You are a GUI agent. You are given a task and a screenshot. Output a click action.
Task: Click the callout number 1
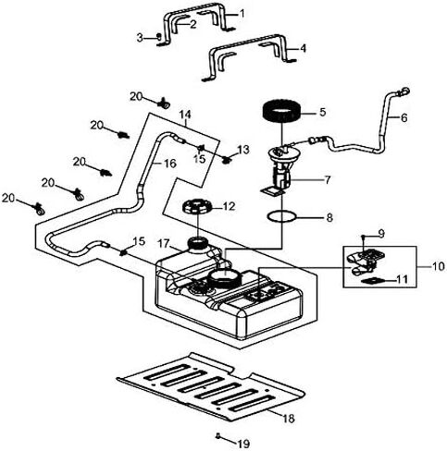click(242, 14)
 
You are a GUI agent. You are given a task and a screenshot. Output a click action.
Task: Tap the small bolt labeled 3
click(159, 37)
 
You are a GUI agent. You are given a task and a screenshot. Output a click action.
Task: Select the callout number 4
click(304, 48)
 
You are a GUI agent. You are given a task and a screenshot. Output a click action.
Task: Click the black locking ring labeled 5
click(281, 112)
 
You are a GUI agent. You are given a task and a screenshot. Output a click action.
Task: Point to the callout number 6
click(404, 117)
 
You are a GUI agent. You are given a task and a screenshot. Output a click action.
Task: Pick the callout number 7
click(327, 179)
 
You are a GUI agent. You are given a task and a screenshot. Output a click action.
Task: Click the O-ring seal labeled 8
click(282, 216)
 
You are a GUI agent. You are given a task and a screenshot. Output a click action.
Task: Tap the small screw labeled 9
click(364, 237)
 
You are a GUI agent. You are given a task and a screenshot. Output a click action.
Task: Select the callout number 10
click(439, 266)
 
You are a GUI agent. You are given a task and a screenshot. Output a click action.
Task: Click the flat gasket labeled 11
click(372, 281)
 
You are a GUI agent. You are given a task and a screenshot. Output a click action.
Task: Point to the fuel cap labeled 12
click(196, 206)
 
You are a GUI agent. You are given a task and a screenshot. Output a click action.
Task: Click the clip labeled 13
click(228, 160)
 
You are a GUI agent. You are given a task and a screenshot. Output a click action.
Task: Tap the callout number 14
click(185, 115)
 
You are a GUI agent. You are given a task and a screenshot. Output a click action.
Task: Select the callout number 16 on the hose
click(169, 164)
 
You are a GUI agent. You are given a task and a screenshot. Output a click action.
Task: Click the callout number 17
click(164, 244)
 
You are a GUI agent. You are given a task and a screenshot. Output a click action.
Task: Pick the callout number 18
click(288, 419)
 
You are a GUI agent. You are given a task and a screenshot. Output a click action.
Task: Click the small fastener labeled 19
click(218, 435)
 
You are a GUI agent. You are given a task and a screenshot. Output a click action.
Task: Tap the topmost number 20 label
click(136, 96)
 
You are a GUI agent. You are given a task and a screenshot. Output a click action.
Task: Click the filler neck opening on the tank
click(197, 243)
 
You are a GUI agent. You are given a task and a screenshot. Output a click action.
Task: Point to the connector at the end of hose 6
click(404, 91)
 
